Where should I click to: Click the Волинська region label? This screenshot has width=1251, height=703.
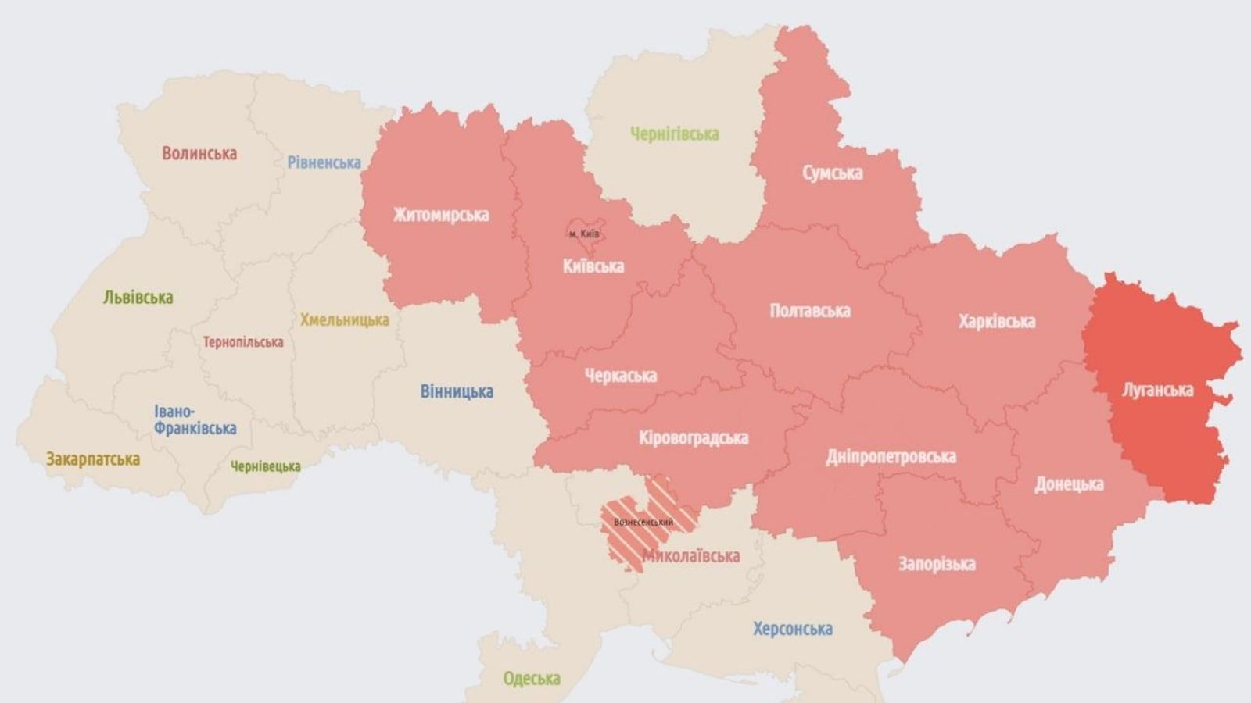tap(199, 153)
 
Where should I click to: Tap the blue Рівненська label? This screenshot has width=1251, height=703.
tap(324, 162)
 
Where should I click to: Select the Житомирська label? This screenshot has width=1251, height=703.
tap(441, 215)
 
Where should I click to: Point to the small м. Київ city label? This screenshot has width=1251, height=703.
tap(584, 234)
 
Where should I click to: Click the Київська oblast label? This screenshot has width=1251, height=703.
tap(593, 266)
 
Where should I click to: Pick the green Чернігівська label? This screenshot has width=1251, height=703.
tap(674, 134)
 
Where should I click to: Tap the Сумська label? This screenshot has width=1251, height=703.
tap(832, 173)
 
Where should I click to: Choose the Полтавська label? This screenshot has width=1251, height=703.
tap(809, 311)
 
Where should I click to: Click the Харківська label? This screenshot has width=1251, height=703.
tap(997, 321)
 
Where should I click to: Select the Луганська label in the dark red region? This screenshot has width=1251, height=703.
tap(1157, 390)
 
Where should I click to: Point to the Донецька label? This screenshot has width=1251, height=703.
tap(1069, 484)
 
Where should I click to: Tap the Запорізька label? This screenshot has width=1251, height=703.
tap(936, 564)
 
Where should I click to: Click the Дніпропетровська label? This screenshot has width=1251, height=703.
tap(891, 456)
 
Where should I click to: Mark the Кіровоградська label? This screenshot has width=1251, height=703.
tap(693, 438)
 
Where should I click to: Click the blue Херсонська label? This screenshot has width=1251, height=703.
tap(792, 629)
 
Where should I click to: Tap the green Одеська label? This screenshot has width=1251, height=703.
tap(532, 678)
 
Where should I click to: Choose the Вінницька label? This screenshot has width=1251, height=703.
tap(457, 391)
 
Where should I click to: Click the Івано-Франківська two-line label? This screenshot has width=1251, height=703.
tap(195, 420)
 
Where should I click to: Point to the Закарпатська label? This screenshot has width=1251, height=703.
tap(93, 459)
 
